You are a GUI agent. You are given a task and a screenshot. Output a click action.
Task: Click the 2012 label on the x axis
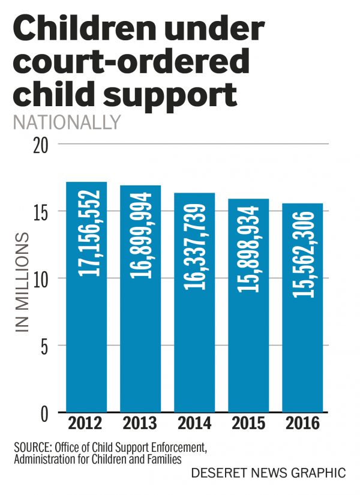[86, 424]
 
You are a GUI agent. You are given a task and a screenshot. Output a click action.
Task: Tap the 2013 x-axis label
[140, 424]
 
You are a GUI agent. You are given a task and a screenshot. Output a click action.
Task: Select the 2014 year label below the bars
[194, 424]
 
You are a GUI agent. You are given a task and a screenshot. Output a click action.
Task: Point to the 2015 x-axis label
[248, 424]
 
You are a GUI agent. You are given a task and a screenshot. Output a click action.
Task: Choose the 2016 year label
[302, 424]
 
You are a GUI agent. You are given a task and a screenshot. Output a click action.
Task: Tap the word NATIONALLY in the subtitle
[66, 122]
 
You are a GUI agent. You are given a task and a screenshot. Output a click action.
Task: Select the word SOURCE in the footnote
[35, 447]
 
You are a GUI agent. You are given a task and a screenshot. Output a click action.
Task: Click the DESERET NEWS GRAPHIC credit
[268, 473]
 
